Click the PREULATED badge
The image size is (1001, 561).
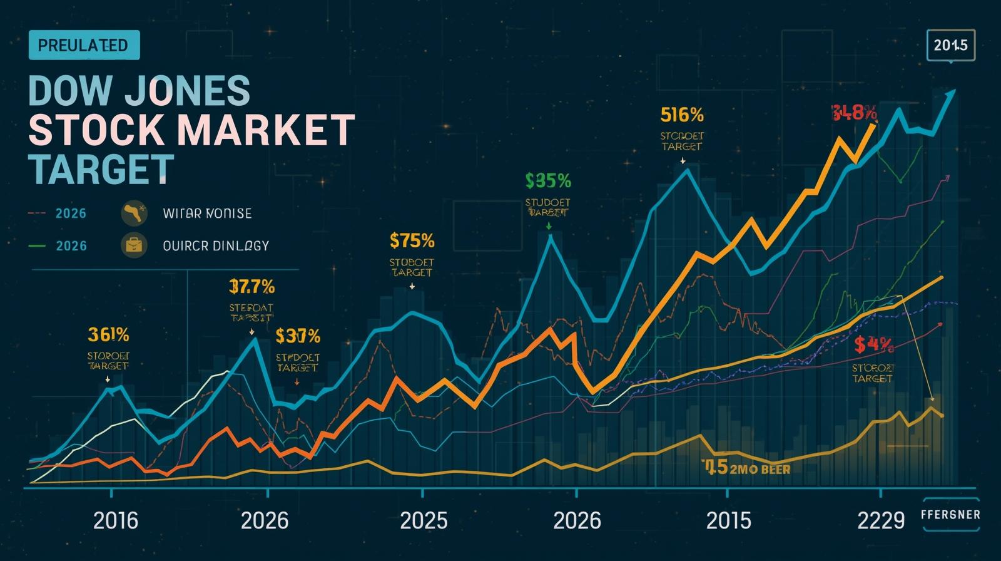tap(84, 46)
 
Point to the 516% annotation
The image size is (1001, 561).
tap(681, 115)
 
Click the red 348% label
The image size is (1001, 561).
tap(854, 113)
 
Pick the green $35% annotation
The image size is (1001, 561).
tap(548, 181)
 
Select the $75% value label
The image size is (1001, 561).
tap(411, 240)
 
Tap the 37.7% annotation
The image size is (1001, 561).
tap(252, 287)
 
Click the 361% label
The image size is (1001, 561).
tap(108, 335)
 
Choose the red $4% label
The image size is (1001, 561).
tap(873, 344)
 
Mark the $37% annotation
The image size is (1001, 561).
tap(298, 336)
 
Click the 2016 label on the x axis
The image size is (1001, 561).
tap(116, 520)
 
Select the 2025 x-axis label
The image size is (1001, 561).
tap(424, 520)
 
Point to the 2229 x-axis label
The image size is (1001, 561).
tap(882, 520)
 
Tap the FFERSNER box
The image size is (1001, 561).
tap(950, 515)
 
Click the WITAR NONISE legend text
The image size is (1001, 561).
tap(207, 214)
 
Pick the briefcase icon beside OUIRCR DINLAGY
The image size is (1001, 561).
tap(134, 245)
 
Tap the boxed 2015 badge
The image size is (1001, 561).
tap(950, 45)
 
